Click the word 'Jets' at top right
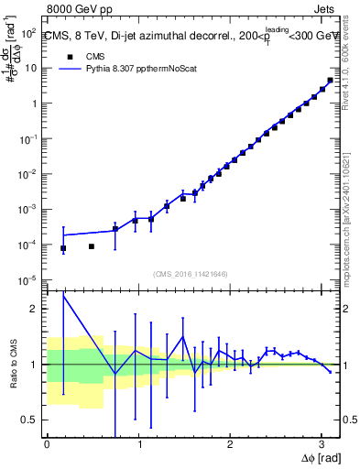[324, 12]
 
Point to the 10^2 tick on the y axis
[29, 32]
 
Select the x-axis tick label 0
[47, 444]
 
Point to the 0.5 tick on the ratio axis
[27, 420]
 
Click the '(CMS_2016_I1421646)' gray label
[191, 273]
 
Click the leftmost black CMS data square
[63, 248]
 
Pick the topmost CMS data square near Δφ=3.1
[330, 81]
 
